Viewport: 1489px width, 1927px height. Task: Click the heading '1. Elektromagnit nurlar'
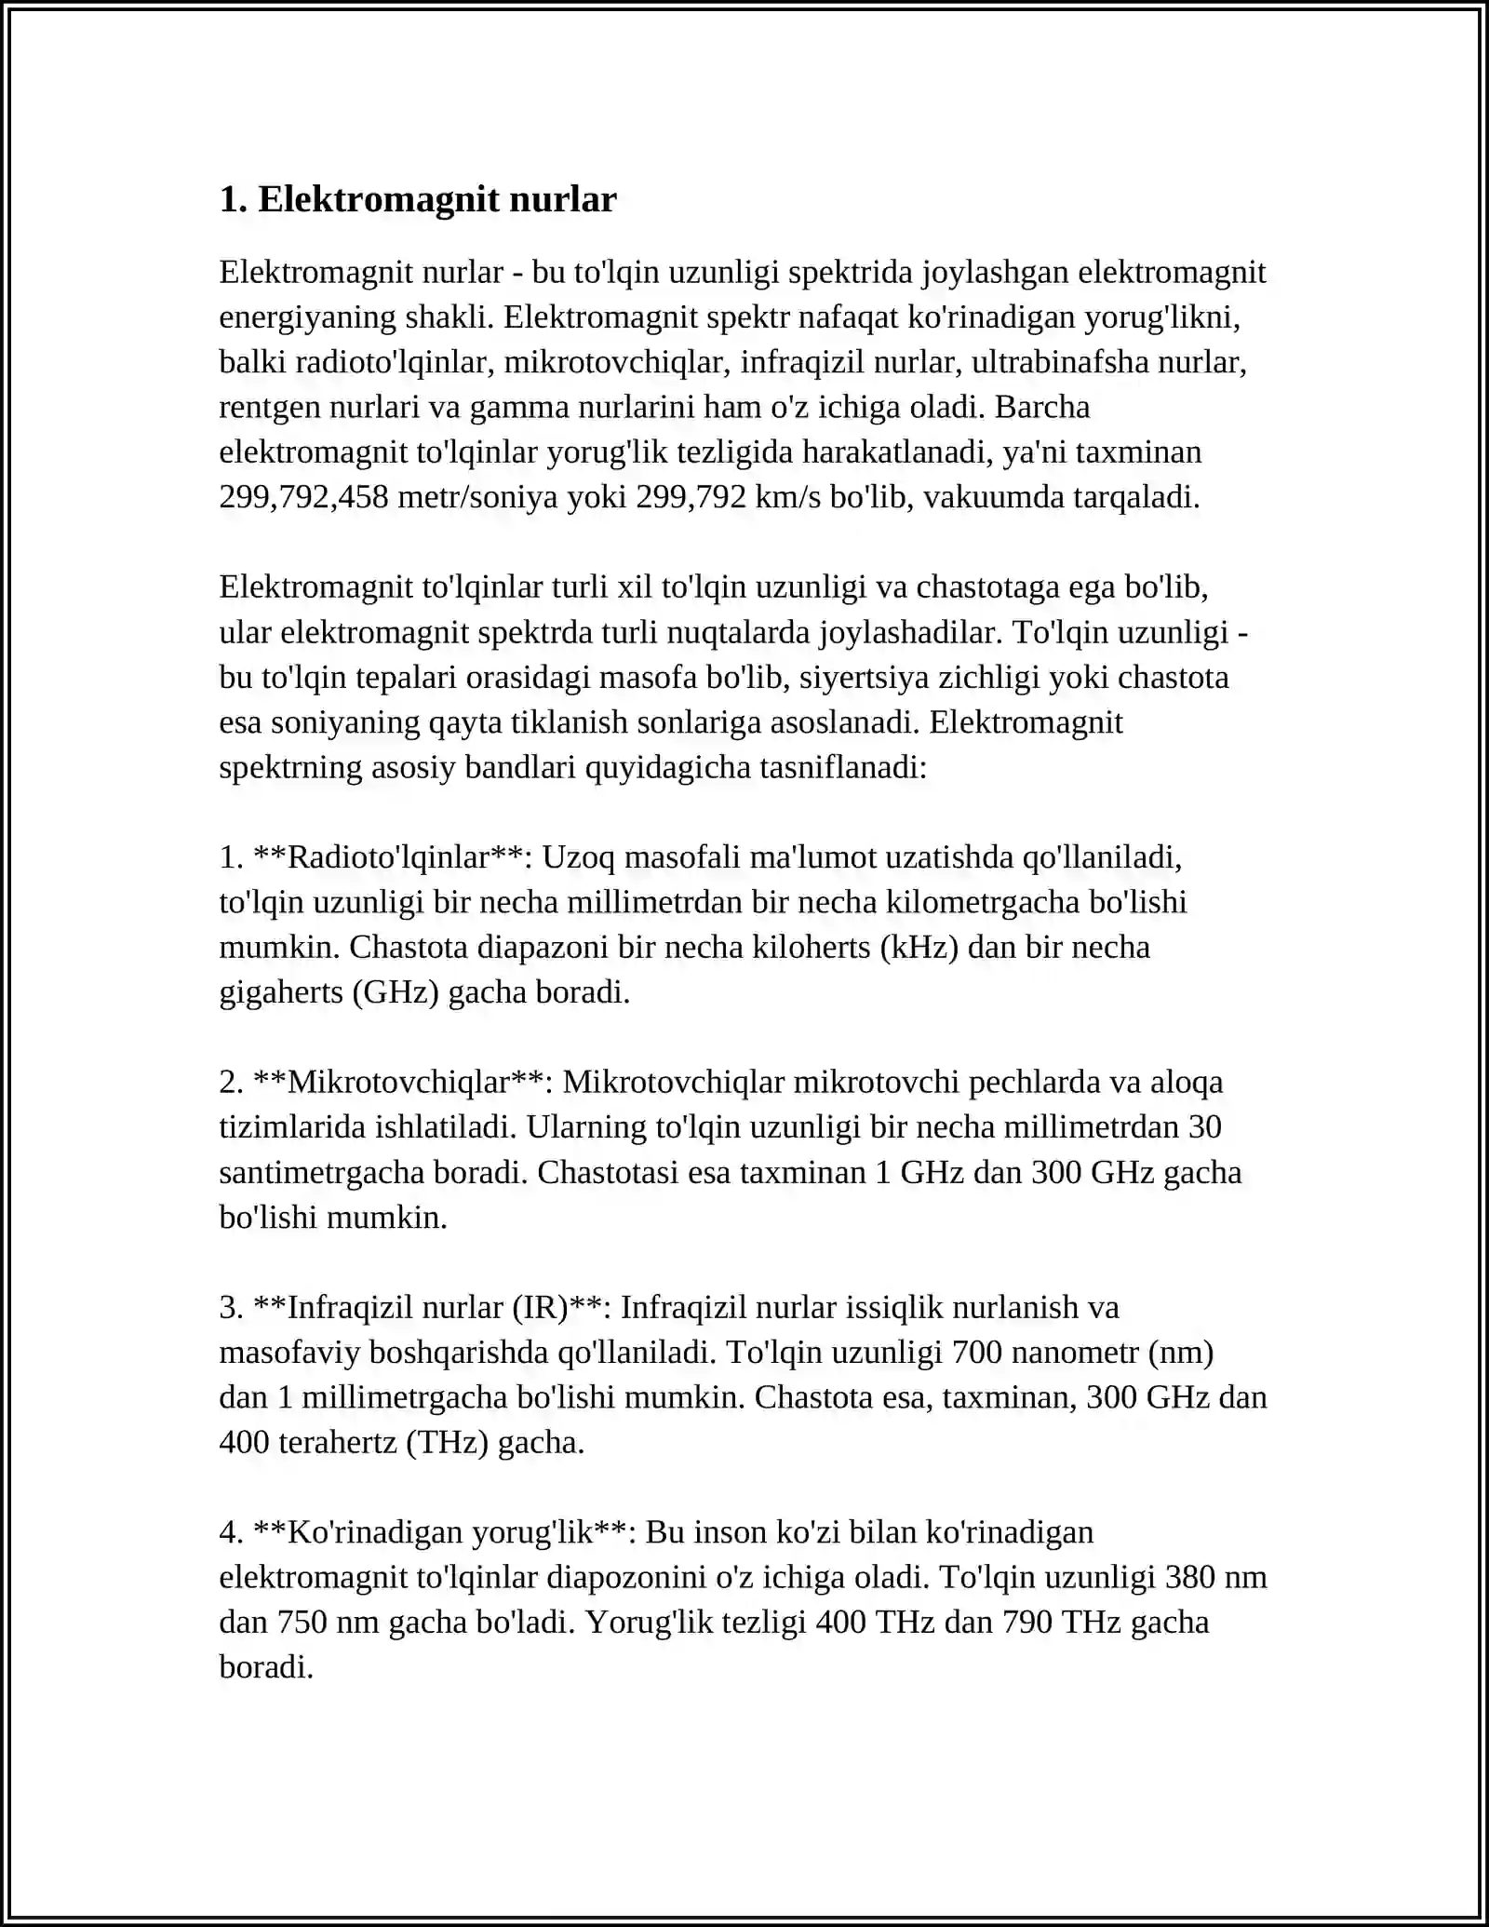tap(418, 199)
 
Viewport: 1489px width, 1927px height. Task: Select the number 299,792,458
tap(303, 497)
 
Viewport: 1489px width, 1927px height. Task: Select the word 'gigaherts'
tap(281, 992)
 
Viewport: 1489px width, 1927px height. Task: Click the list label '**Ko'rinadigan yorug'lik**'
tap(440, 1531)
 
